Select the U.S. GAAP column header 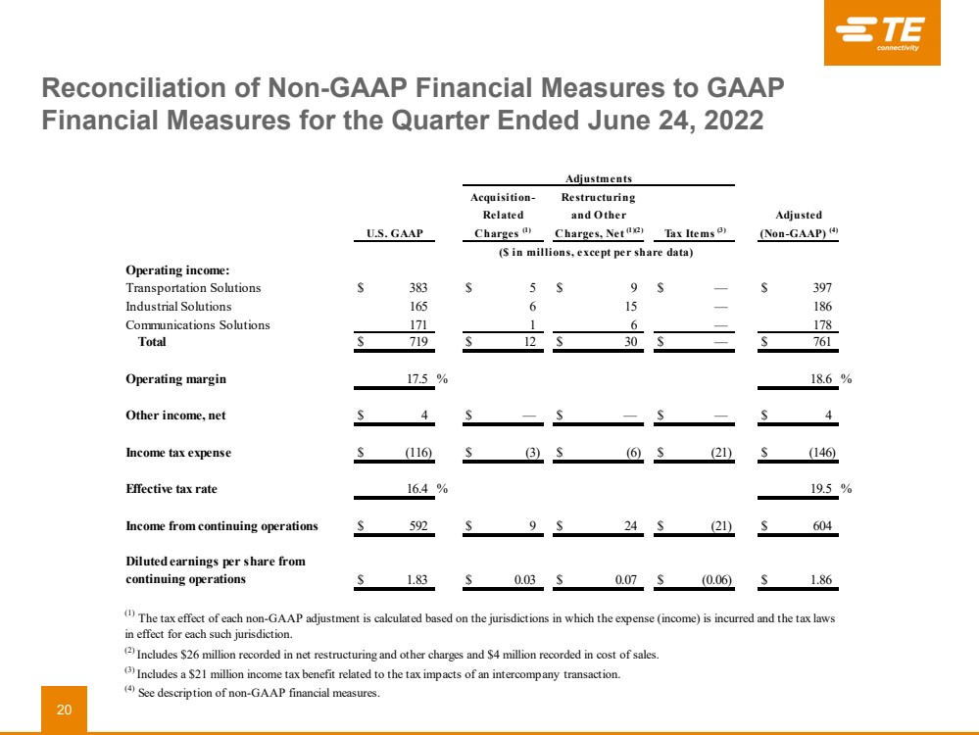click(x=395, y=233)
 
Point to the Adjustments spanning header click(x=599, y=178)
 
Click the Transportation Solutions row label click(x=193, y=288)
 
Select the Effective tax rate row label click(x=171, y=488)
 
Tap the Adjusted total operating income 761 click(x=821, y=342)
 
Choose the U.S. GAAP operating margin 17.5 click(x=418, y=379)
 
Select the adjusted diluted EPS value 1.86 click(x=820, y=580)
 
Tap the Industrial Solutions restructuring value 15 click(x=631, y=307)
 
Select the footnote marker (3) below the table click(x=128, y=673)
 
